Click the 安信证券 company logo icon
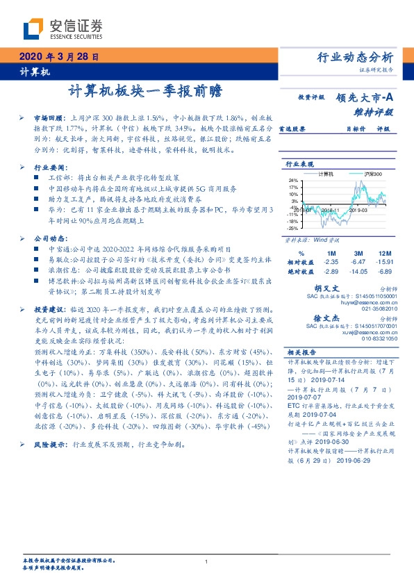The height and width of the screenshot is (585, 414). coord(33,29)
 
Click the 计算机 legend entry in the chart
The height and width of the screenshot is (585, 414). coord(326,172)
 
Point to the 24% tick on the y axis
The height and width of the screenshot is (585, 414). coord(294,180)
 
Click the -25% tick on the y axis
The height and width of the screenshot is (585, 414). coord(294,228)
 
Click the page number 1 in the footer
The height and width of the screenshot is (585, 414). coord(206,562)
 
